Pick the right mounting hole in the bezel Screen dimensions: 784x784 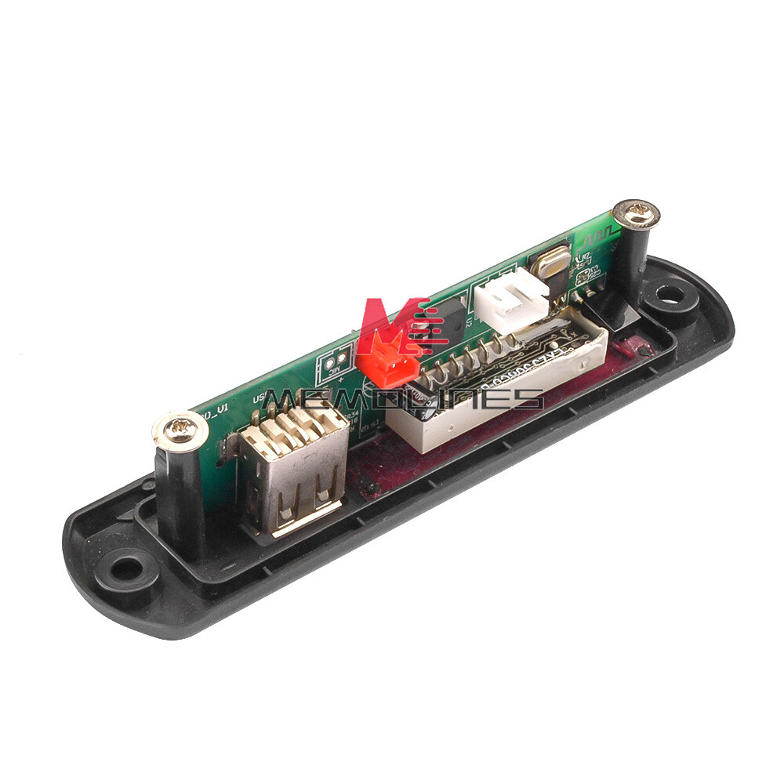coord(670,296)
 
